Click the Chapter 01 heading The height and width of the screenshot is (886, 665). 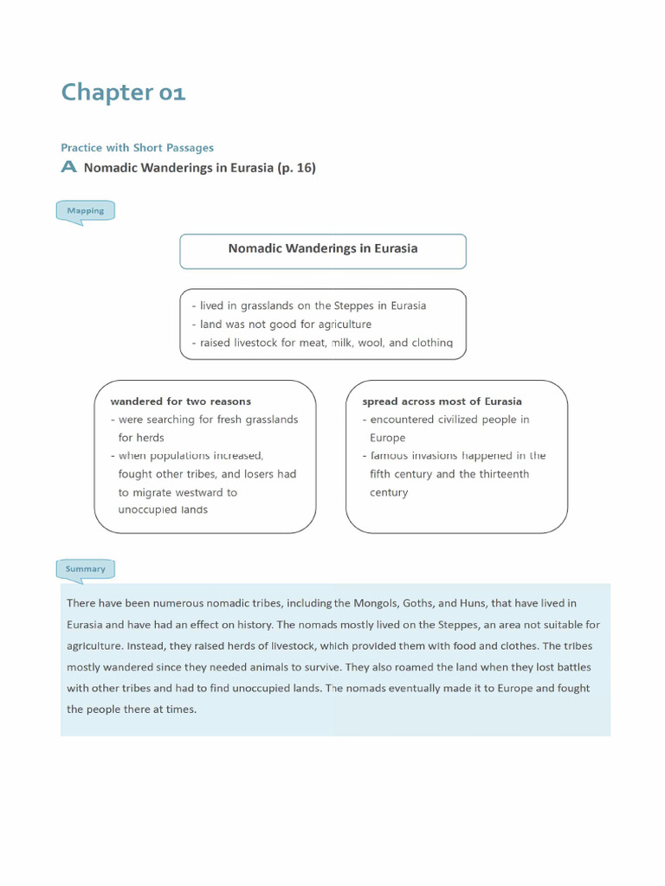pyautogui.click(x=123, y=93)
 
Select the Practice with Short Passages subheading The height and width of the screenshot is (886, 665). pyautogui.click(x=137, y=148)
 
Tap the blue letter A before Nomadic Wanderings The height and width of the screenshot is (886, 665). pyautogui.click(x=69, y=168)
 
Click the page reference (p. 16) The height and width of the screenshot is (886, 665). pyautogui.click(x=296, y=168)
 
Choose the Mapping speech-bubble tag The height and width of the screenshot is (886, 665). pyautogui.click(x=85, y=210)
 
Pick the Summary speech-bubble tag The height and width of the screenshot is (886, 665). pyautogui.click(x=85, y=568)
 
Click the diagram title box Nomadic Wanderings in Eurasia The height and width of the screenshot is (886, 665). pyautogui.click(x=322, y=249)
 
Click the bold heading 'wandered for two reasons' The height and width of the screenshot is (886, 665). pyautogui.click(x=180, y=401)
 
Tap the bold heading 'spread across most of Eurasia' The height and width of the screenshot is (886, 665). pyautogui.click(x=442, y=401)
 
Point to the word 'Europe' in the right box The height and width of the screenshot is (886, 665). pyautogui.click(x=387, y=438)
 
